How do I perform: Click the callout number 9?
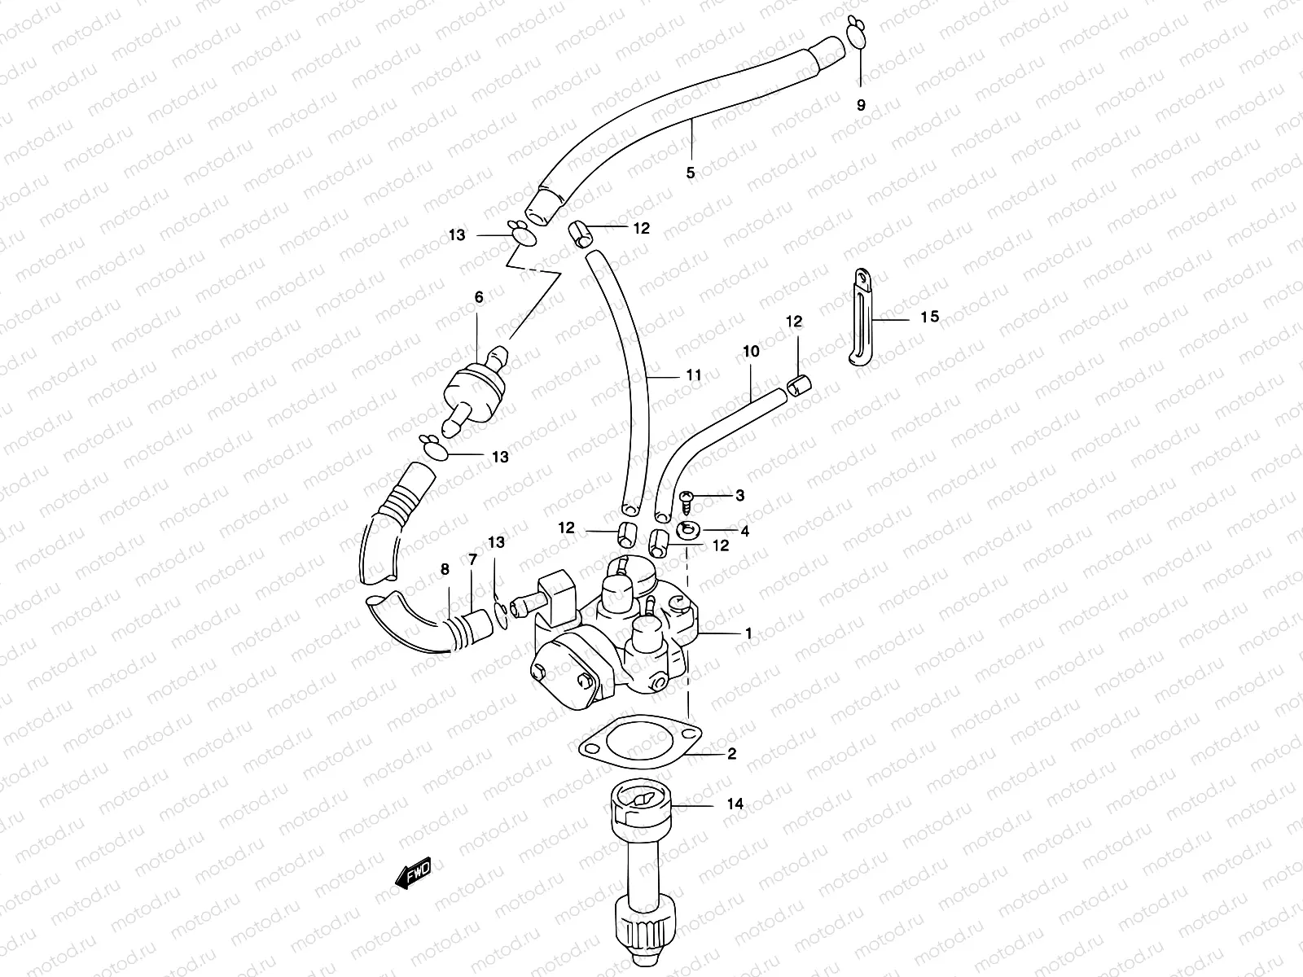click(861, 105)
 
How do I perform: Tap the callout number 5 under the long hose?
click(691, 173)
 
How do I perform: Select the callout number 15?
click(929, 317)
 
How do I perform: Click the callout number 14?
click(735, 804)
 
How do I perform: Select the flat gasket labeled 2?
click(638, 741)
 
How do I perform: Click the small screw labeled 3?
click(685, 497)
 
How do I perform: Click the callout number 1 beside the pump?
click(748, 633)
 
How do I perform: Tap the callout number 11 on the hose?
click(693, 375)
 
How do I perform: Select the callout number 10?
click(751, 351)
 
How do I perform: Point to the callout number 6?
click(479, 297)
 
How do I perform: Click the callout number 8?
click(445, 569)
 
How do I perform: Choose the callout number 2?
click(731, 755)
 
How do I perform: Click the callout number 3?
click(739, 495)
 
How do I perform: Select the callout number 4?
click(744, 531)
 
